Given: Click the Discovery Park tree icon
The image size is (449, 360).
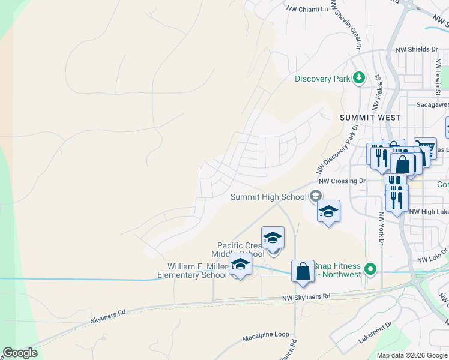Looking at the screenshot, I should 359,77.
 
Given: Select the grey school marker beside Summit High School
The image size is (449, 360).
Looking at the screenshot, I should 316,196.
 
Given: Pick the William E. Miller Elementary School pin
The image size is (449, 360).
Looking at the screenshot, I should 240,265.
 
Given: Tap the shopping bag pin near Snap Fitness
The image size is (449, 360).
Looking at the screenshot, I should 303,271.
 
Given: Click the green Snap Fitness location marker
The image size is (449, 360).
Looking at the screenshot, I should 370,269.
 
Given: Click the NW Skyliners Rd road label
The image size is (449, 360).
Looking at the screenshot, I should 307,297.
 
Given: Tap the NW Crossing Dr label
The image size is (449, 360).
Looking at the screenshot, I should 342,181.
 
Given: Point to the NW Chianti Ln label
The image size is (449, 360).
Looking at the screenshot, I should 308,9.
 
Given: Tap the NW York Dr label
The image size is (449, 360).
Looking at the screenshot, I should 381,228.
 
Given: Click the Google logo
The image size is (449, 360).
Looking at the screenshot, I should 20,353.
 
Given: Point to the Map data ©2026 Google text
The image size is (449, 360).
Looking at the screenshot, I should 411,355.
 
